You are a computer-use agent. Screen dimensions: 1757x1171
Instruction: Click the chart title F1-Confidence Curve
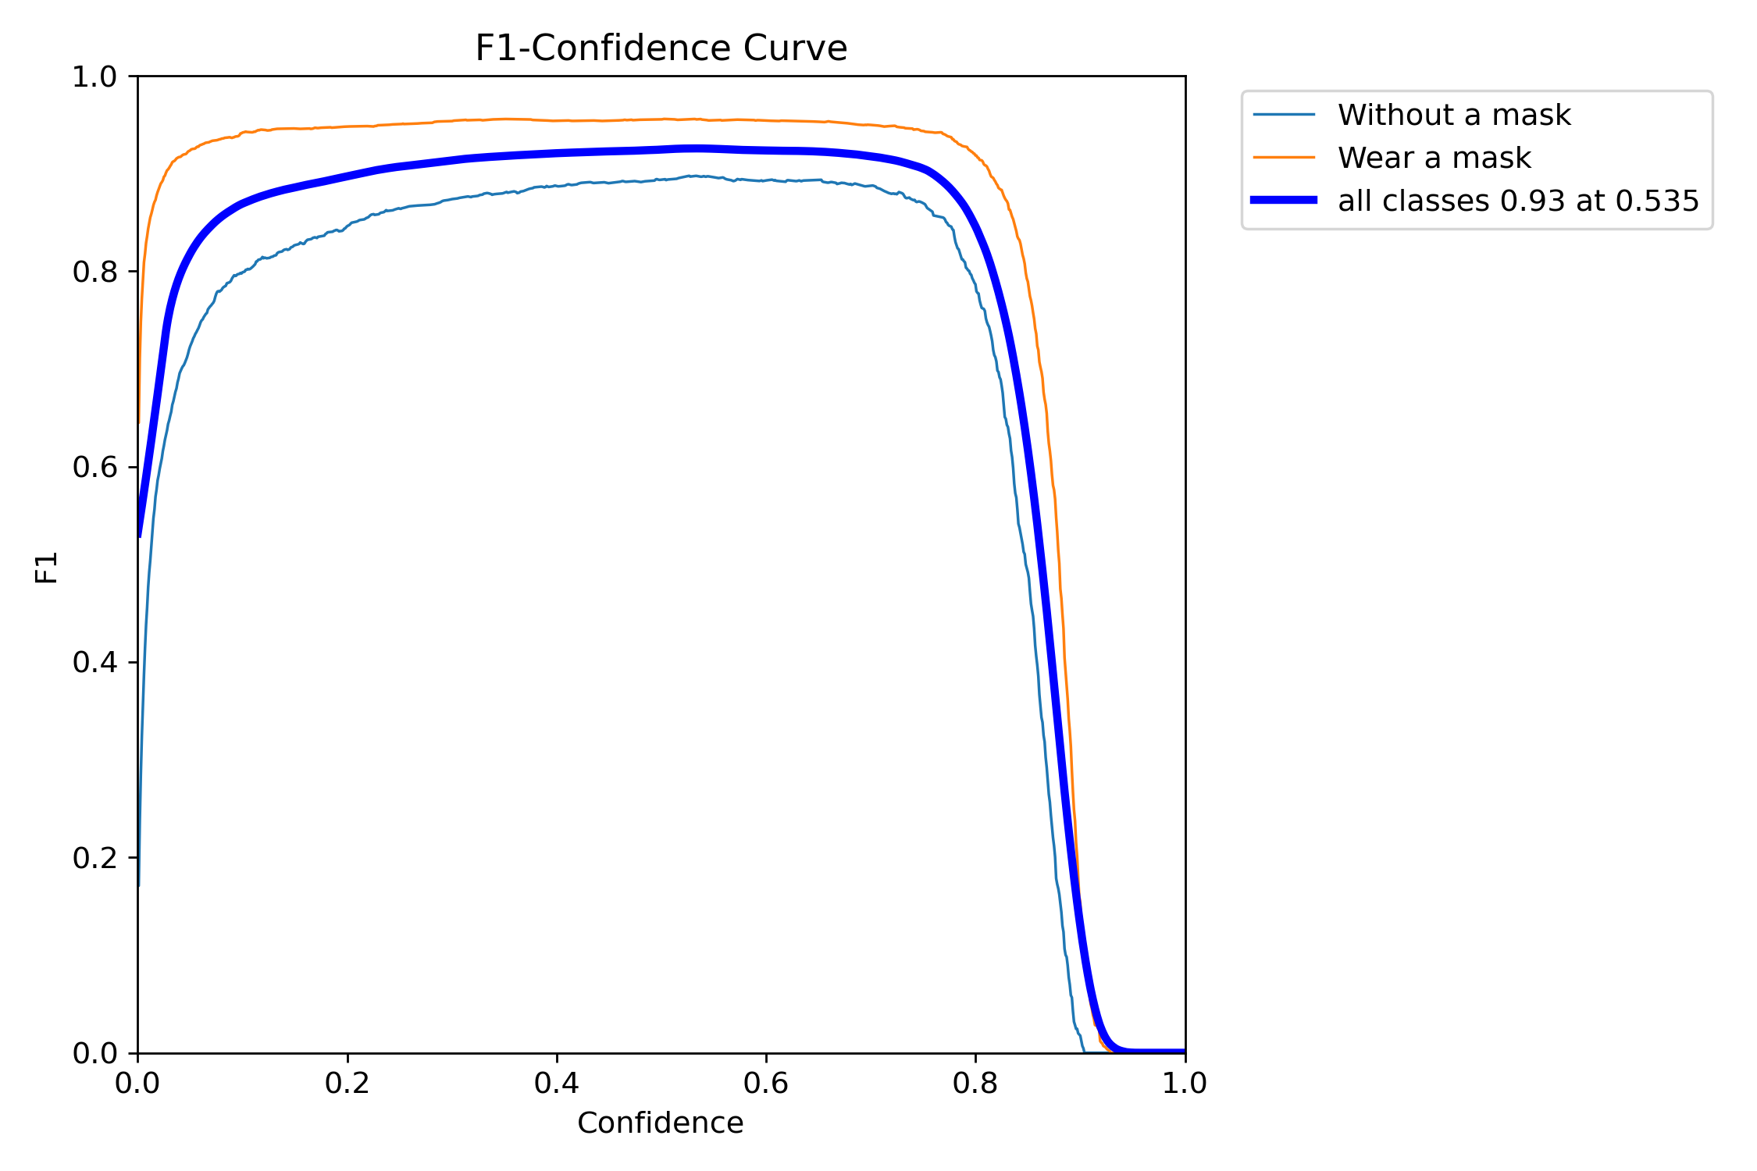click(x=661, y=48)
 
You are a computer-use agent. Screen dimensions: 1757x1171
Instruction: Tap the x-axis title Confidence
click(x=660, y=1123)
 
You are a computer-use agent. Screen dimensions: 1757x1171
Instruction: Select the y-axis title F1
click(x=47, y=568)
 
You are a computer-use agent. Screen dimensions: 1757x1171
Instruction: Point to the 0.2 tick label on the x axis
click(x=347, y=1084)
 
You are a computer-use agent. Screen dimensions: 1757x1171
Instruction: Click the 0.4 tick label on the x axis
click(x=557, y=1084)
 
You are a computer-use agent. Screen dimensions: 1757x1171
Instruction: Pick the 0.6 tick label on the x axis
click(x=766, y=1084)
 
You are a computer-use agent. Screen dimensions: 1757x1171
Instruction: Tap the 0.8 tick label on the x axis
click(x=975, y=1084)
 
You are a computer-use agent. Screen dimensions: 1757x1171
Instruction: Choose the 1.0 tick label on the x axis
click(x=1185, y=1084)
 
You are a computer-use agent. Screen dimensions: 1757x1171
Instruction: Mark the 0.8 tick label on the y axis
click(x=94, y=272)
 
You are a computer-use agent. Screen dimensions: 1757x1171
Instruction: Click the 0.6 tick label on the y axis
click(x=94, y=467)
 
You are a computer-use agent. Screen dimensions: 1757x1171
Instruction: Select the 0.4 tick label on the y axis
click(x=94, y=662)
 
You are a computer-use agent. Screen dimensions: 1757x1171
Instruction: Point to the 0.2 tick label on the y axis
click(x=94, y=858)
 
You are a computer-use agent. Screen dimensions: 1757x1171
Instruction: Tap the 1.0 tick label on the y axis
click(x=94, y=77)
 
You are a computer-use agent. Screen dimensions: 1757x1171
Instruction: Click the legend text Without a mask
click(x=1454, y=116)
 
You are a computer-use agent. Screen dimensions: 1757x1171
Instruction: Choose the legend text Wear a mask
click(x=1434, y=158)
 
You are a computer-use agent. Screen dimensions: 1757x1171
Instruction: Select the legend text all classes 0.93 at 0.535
click(x=1518, y=201)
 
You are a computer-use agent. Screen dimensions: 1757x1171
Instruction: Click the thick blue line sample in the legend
click(x=1284, y=201)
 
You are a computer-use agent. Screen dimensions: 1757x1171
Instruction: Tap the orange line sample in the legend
click(x=1284, y=158)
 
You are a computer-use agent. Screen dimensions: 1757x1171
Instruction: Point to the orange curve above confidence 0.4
click(x=557, y=121)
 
